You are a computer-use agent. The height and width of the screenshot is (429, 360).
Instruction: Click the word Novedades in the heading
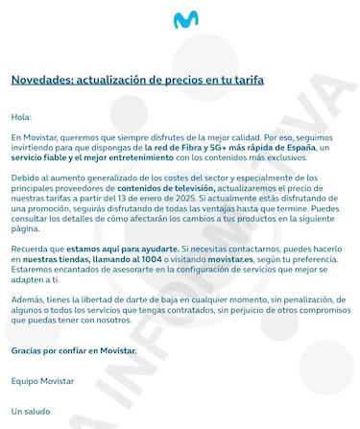point(39,80)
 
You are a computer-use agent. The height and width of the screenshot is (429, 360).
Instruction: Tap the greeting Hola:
point(21,117)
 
